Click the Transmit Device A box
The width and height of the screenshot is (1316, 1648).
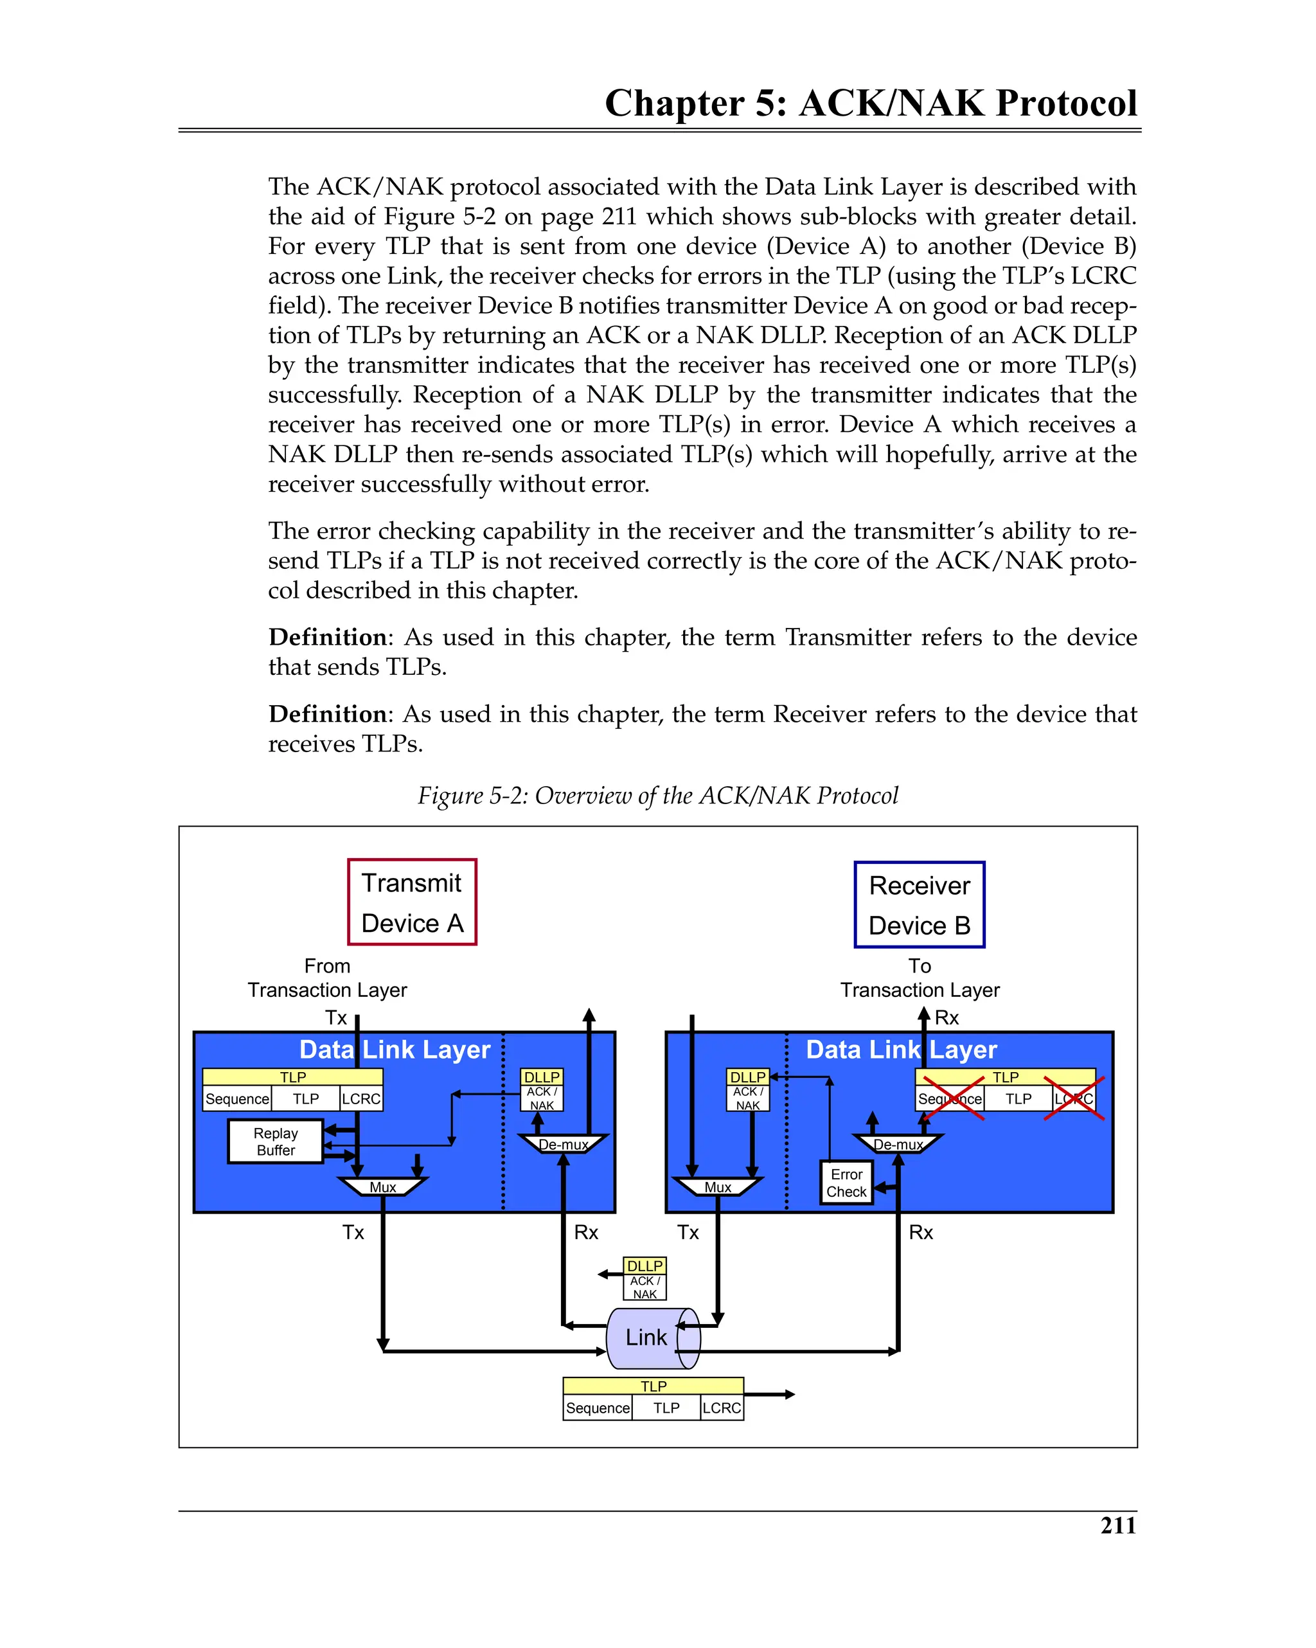(x=411, y=902)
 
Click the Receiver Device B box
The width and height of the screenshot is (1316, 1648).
(x=919, y=905)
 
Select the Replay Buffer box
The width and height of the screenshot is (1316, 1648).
(x=275, y=1142)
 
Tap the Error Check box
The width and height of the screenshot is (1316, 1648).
(x=846, y=1183)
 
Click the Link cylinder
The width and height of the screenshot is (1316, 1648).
(x=647, y=1337)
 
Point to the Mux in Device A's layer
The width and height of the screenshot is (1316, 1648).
(x=382, y=1187)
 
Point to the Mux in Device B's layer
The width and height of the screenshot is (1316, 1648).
(x=717, y=1187)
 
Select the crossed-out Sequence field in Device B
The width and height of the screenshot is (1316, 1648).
(x=950, y=1098)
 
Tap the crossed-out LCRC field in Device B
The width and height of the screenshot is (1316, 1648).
(x=1074, y=1098)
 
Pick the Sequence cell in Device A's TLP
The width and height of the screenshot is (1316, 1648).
(x=237, y=1098)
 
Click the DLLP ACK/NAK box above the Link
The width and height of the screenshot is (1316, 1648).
(x=645, y=1279)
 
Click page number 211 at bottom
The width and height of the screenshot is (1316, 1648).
(x=1117, y=1525)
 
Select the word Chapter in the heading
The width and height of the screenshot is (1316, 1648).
(x=674, y=103)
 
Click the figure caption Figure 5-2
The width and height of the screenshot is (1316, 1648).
(x=657, y=795)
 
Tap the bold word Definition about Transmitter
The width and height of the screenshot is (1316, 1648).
(x=328, y=637)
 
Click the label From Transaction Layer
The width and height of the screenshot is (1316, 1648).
(x=327, y=978)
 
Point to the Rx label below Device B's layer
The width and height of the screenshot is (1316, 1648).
(x=920, y=1232)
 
